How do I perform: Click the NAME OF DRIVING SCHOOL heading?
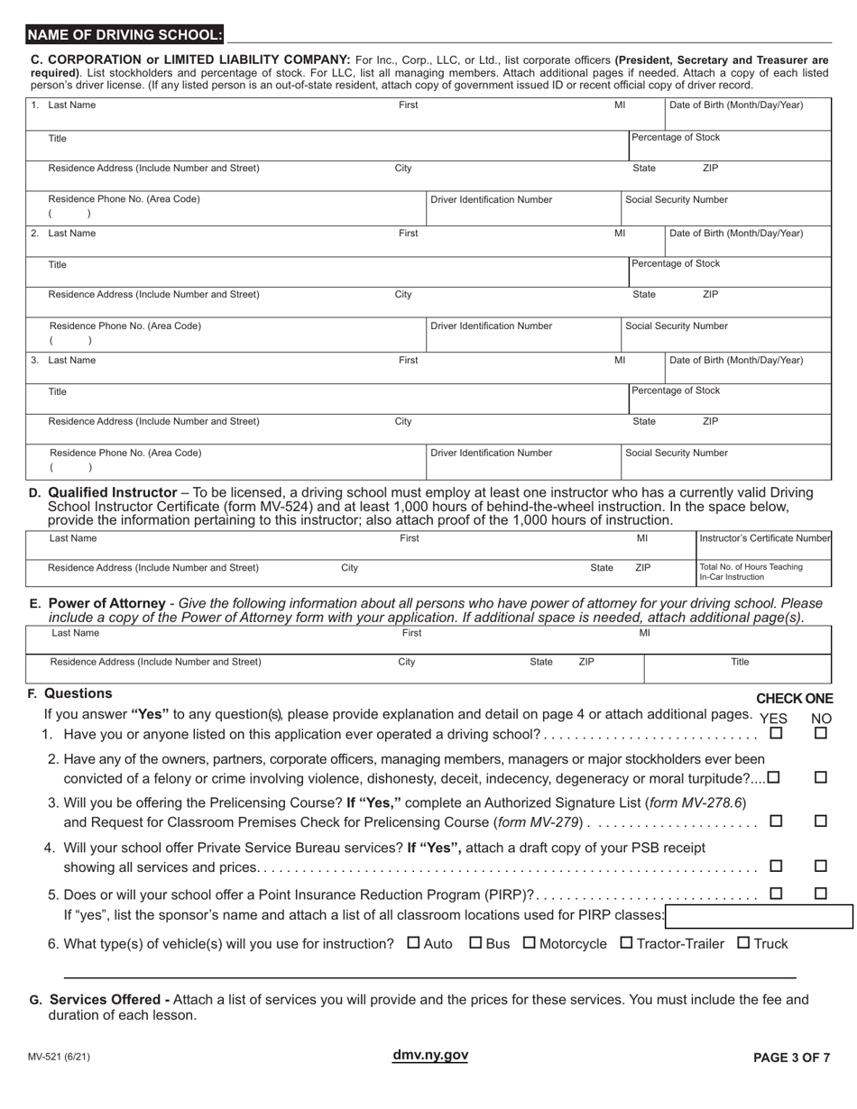(124, 35)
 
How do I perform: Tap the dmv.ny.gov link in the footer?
(430, 1056)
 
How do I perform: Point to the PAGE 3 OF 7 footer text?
(791, 1059)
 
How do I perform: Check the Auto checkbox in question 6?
(414, 943)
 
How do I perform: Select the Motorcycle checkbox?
(530, 943)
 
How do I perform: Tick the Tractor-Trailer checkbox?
(626, 943)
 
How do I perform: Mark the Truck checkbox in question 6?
(743, 943)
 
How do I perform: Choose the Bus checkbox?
(475, 943)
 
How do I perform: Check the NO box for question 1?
(821, 734)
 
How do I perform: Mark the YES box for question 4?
(775, 866)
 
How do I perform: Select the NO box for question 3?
(821, 821)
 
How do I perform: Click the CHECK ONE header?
(794, 699)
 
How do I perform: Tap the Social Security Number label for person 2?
(677, 326)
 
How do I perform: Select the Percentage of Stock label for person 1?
(676, 138)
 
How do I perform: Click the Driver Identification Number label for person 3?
(492, 454)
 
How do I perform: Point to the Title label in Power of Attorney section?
(740, 662)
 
